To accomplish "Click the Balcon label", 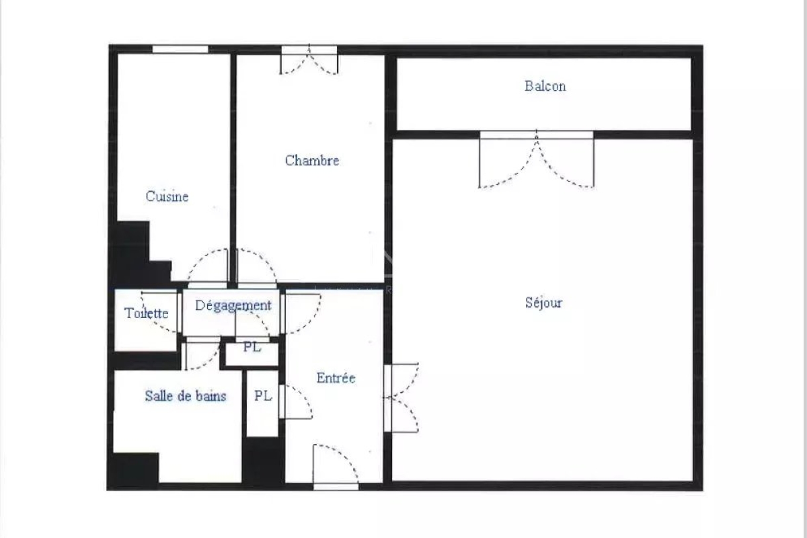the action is [x=545, y=86].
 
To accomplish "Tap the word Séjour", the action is [x=543, y=303].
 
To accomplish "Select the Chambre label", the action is [x=312, y=160].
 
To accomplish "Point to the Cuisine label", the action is [x=167, y=196].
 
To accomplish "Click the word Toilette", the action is [x=147, y=313].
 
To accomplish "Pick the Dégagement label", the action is [x=233, y=306].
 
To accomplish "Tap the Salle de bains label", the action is [x=186, y=396].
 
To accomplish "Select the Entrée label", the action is [x=336, y=378].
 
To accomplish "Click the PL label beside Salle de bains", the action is [x=263, y=395].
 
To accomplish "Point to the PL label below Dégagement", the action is [x=252, y=347].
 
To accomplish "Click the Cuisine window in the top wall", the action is [x=180, y=49].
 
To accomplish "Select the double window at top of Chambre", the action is [x=309, y=59].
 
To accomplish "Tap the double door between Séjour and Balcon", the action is [x=537, y=159].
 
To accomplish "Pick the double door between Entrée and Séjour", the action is [x=401, y=397].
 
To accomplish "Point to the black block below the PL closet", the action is [x=263, y=461].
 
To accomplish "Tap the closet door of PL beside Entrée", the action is [x=295, y=401].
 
